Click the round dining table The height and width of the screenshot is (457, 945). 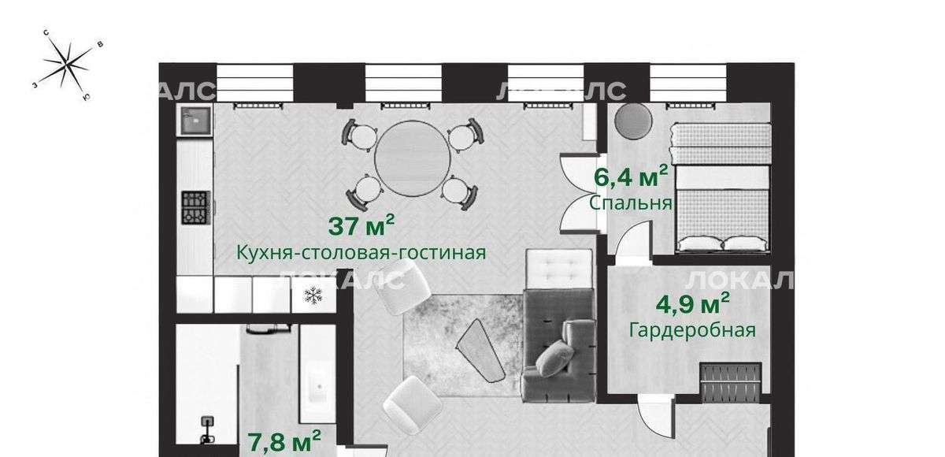[x=412, y=158]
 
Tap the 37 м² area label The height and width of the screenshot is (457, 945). [x=361, y=225]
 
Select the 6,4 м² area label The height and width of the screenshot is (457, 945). [x=631, y=176]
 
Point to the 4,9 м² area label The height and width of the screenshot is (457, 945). [x=692, y=303]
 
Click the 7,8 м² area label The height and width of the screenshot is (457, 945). [x=284, y=442]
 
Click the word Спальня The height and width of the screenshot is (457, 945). [x=630, y=203]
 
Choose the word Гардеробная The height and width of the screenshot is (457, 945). [x=692, y=330]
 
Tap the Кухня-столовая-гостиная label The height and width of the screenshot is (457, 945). [x=361, y=253]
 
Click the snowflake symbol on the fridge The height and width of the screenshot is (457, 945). [x=313, y=295]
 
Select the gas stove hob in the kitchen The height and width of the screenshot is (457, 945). [x=196, y=207]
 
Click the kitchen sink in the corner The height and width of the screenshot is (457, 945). [x=196, y=121]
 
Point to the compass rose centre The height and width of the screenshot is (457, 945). [x=68, y=65]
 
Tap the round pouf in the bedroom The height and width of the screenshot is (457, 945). [x=633, y=121]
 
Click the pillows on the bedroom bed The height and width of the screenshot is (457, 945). [x=723, y=243]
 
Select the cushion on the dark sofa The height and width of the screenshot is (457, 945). [x=554, y=359]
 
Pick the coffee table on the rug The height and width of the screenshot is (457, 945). [x=480, y=351]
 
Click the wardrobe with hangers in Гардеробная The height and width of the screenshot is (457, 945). [x=731, y=382]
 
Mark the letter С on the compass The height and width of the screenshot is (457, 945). [x=46, y=33]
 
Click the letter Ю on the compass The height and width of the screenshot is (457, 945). [x=86, y=98]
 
